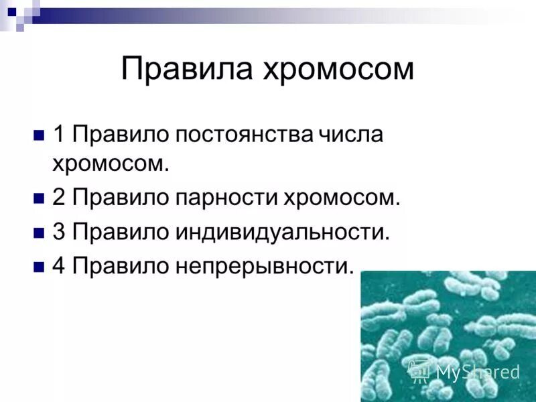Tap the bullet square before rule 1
[x=38, y=135]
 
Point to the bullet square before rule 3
[x=38, y=233]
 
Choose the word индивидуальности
[x=282, y=233]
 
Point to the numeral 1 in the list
[x=59, y=134]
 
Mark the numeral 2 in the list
[x=59, y=199]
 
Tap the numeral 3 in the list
[x=59, y=232]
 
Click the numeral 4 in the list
[x=59, y=266]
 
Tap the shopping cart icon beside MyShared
[x=420, y=371]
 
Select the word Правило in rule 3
[x=121, y=232]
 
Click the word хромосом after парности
[x=341, y=199]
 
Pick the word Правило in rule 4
[x=121, y=266]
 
